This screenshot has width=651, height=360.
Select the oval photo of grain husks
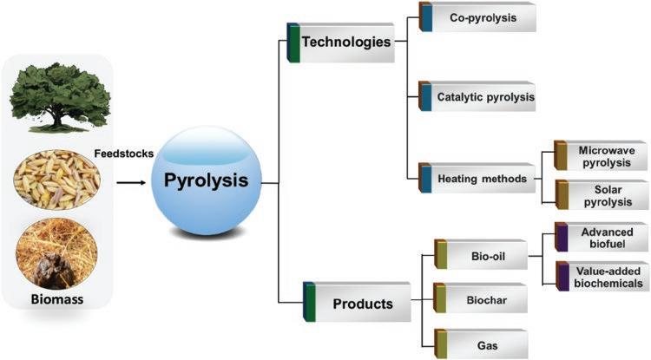click(57, 183)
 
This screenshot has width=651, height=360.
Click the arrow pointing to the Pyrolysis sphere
click(130, 182)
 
